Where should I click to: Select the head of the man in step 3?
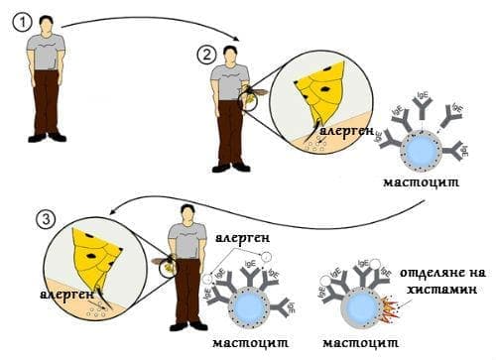pyautogui.click(x=185, y=212)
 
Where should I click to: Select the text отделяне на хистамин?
pyautogui.click(x=443, y=282)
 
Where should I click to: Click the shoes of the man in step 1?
pyautogui.click(x=46, y=137)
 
